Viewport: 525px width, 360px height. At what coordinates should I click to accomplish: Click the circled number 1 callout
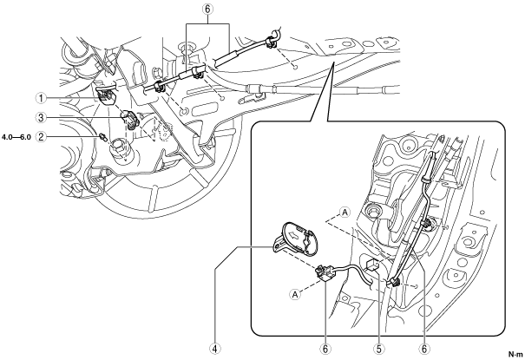pyautogui.click(x=41, y=98)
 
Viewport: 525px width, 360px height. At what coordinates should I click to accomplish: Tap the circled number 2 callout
pyautogui.click(x=41, y=136)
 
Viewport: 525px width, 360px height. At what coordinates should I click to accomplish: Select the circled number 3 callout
pyautogui.click(x=41, y=117)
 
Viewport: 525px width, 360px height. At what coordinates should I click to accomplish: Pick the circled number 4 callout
pyautogui.click(x=215, y=349)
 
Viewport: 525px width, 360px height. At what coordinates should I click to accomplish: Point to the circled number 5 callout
pyautogui.click(x=378, y=349)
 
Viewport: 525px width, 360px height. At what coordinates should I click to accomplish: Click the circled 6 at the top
pyautogui.click(x=207, y=9)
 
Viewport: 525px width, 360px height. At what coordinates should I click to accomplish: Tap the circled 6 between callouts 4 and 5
pyautogui.click(x=325, y=349)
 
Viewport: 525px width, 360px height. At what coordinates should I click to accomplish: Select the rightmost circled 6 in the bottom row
pyautogui.click(x=424, y=349)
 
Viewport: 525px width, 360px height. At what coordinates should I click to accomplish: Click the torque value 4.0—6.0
pyautogui.click(x=16, y=137)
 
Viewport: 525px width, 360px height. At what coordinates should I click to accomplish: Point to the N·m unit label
pyautogui.click(x=515, y=354)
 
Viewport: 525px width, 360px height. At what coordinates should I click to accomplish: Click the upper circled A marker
pyautogui.click(x=345, y=213)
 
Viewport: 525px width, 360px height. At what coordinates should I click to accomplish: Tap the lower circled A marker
pyautogui.click(x=295, y=294)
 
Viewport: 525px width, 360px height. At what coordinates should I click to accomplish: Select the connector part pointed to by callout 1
pyautogui.click(x=107, y=96)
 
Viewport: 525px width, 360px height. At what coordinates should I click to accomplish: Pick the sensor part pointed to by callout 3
pyautogui.click(x=129, y=120)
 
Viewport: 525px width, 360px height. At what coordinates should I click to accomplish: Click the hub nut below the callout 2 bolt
pyautogui.click(x=120, y=148)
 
